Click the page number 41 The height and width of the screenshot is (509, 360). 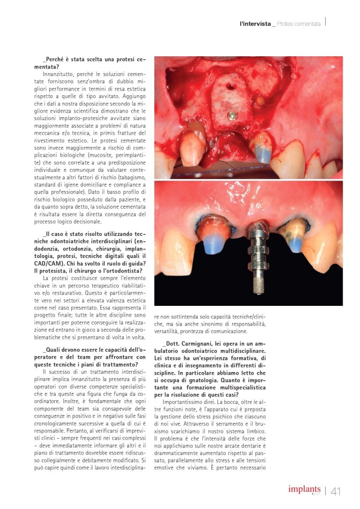pos(335,491)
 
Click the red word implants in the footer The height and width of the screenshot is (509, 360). pos(304,489)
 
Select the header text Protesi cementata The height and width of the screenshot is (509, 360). pos(299,23)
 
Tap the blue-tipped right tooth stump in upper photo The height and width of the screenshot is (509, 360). pos(264,153)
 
